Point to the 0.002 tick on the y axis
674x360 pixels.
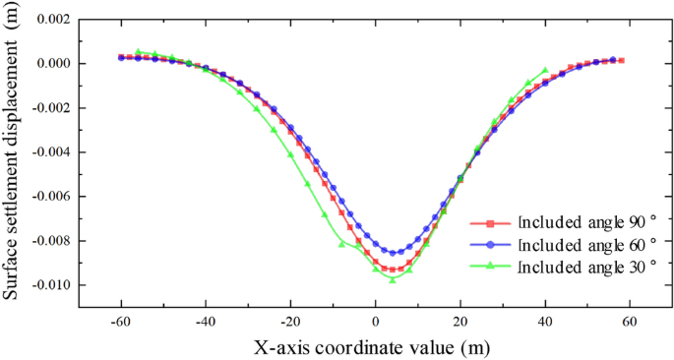[51, 20]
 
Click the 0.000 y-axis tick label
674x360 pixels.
[51, 64]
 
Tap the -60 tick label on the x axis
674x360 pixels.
[120, 322]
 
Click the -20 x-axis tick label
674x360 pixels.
[289, 322]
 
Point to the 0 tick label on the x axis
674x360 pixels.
[375, 322]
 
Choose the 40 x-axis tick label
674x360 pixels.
[545, 322]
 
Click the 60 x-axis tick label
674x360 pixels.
[630, 322]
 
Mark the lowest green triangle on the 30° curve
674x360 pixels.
[393, 279]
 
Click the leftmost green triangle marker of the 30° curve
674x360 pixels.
[138, 51]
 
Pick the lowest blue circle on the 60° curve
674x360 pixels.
[393, 253]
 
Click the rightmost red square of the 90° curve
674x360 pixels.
[621, 61]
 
